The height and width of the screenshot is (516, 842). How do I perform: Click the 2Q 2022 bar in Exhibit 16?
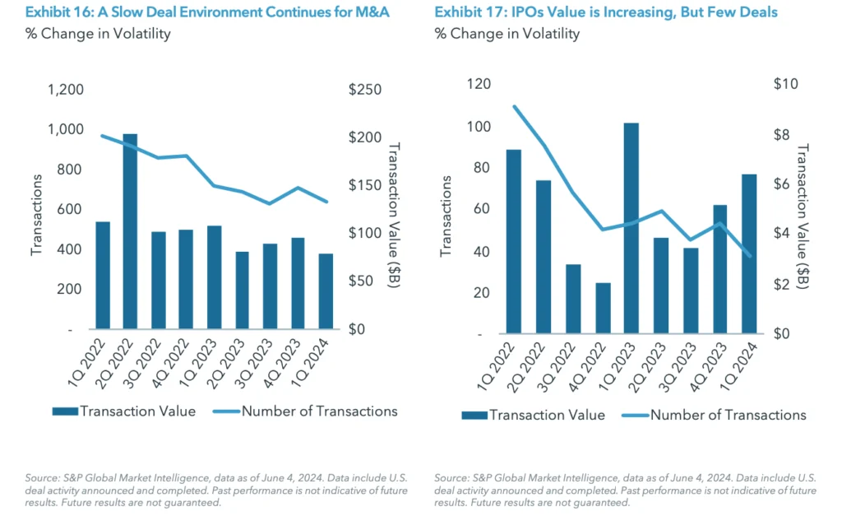130,231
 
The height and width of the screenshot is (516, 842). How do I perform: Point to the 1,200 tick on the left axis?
65,90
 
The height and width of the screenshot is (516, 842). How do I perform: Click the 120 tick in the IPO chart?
479,84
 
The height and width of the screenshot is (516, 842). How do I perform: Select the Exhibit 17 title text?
605,12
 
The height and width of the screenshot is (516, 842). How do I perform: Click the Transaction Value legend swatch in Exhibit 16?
65,411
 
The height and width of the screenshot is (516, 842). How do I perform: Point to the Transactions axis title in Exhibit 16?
36,210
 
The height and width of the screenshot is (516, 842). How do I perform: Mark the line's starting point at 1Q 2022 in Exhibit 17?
515,106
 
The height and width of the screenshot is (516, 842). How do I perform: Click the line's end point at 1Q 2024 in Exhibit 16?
326,202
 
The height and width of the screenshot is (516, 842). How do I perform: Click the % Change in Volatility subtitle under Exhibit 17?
507,34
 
